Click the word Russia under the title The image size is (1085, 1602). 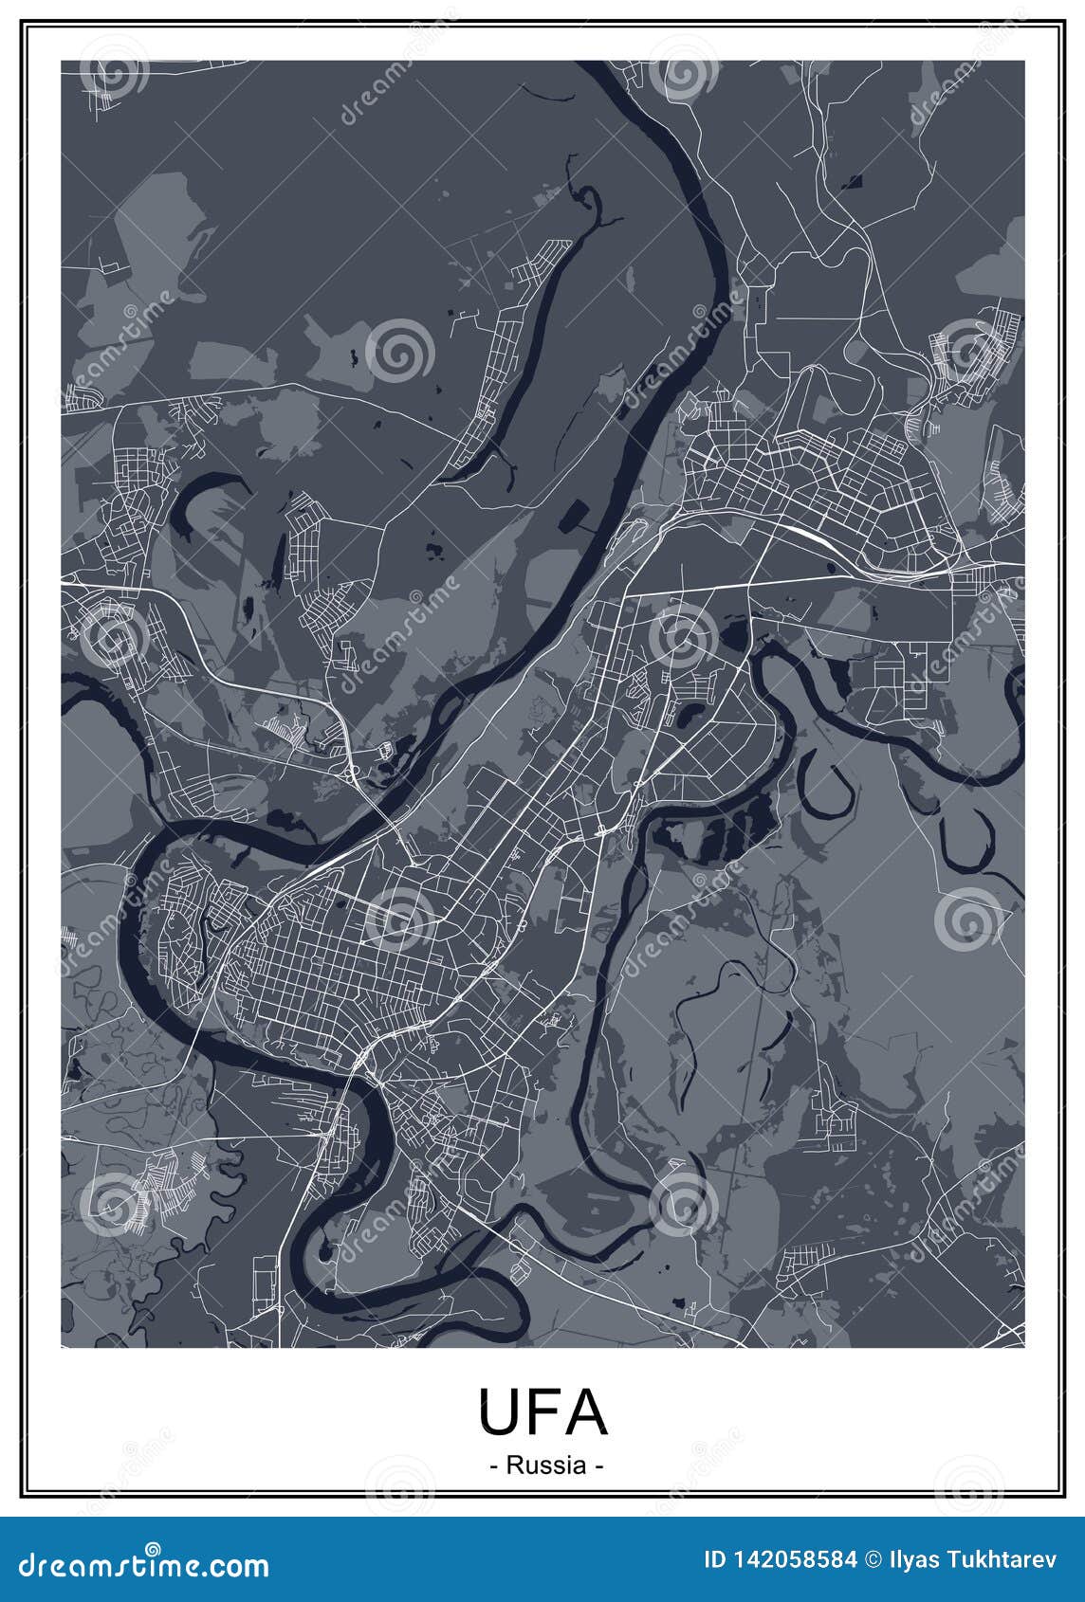click(x=546, y=1465)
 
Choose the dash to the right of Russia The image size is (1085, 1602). click(x=599, y=1465)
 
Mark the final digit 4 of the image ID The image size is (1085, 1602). click(x=852, y=1559)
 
